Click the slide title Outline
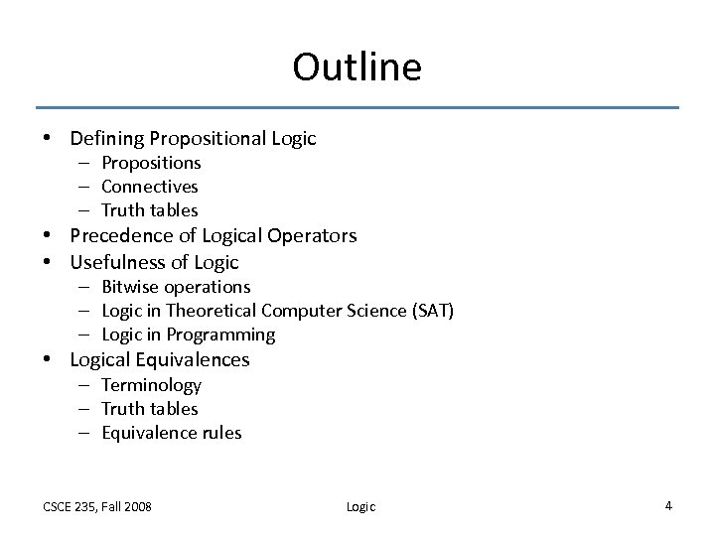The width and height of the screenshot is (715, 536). pyautogui.click(x=357, y=67)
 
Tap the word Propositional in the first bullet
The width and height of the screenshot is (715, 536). pyautogui.click(x=203, y=139)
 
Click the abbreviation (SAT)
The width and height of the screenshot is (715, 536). pyautogui.click(x=433, y=311)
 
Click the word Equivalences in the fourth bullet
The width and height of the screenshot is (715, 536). pyautogui.click(x=194, y=359)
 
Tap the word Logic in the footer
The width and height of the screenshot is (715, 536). pyautogui.click(x=360, y=506)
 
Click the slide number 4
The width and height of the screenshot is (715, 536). pyautogui.click(x=668, y=505)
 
